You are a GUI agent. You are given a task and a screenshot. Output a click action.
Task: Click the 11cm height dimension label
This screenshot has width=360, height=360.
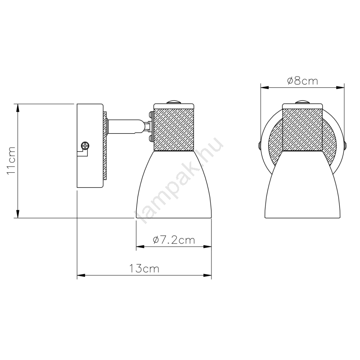[x=11, y=161]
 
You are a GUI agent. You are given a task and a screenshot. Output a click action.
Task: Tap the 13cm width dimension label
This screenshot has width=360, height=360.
[x=144, y=268]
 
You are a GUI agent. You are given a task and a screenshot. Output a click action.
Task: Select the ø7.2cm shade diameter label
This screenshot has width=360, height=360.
[x=174, y=240]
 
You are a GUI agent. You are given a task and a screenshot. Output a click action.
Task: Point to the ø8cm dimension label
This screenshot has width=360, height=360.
[x=302, y=81]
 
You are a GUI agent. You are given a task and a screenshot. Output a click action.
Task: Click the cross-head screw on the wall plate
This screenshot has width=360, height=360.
[x=85, y=145]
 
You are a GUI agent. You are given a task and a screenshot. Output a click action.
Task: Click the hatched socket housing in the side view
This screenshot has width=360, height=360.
[x=174, y=130]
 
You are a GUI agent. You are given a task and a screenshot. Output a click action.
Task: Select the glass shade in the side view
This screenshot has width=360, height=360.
[x=174, y=184]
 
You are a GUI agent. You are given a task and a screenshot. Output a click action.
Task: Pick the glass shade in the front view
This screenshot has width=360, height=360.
[x=302, y=184]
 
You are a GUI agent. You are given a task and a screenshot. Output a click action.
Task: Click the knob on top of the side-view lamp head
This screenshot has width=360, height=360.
[x=174, y=102]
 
